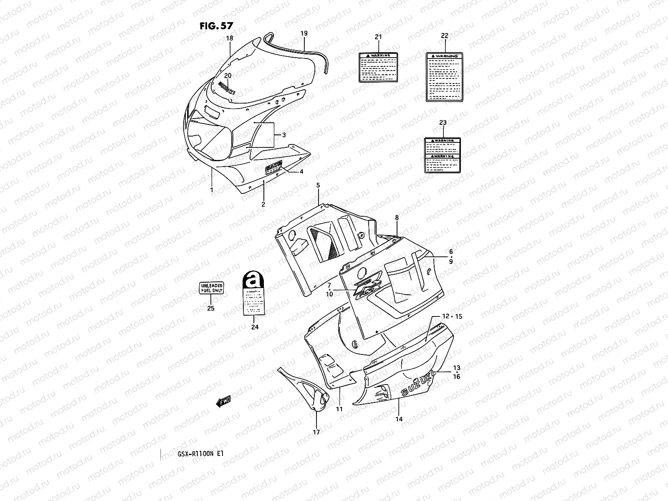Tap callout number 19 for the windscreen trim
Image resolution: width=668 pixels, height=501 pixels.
(304, 33)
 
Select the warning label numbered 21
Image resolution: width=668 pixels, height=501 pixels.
(378, 67)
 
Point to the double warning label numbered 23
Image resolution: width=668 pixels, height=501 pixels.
(443, 155)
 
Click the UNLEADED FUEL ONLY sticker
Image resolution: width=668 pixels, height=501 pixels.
(211, 288)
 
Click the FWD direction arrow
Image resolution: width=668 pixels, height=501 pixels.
(223, 402)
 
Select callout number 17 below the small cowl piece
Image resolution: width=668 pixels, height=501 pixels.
(316, 432)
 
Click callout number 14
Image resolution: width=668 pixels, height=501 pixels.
(399, 419)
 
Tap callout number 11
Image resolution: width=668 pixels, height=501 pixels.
(339, 409)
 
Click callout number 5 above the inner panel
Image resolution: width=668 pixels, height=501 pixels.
(318, 185)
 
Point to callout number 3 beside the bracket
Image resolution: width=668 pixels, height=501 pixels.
(284, 135)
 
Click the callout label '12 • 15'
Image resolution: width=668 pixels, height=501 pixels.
(452, 316)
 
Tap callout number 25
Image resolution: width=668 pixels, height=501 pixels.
(211, 309)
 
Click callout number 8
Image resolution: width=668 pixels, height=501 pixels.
(397, 218)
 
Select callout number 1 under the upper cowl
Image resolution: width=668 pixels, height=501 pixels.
(212, 190)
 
